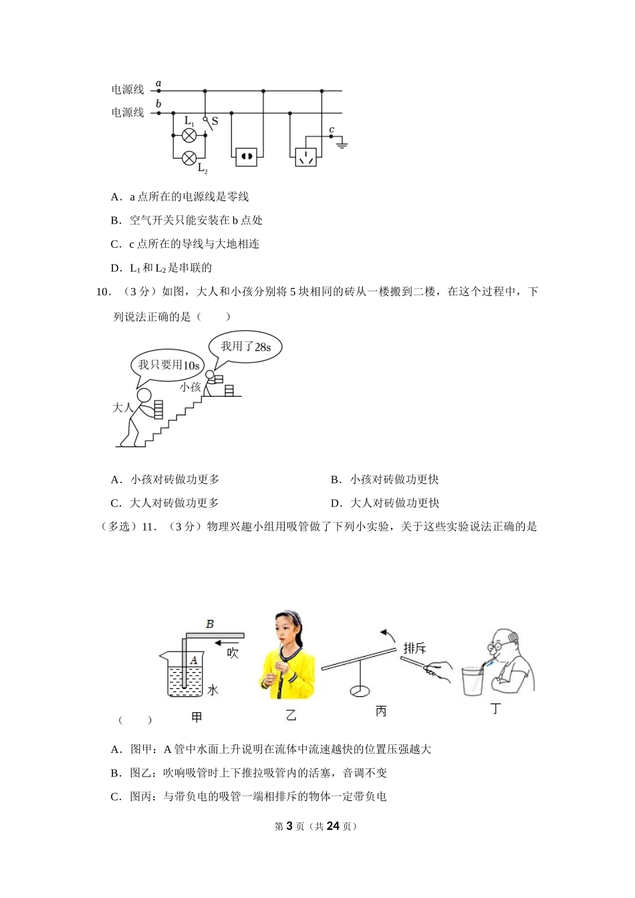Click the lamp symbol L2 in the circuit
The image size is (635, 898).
click(x=189, y=158)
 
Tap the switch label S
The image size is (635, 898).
click(x=215, y=122)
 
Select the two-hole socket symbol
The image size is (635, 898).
click(x=246, y=157)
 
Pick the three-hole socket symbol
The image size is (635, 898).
click(x=306, y=157)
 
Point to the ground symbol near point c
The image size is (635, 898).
click(x=342, y=143)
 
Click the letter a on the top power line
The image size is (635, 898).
click(x=158, y=84)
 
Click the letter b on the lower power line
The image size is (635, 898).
click(x=158, y=104)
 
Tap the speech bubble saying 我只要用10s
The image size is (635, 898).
click(x=168, y=365)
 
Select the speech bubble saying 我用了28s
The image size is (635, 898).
click(x=246, y=347)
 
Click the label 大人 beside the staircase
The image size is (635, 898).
click(x=123, y=407)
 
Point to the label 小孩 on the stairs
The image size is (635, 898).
click(x=190, y=387)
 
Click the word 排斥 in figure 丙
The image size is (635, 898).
click(x=414, y=648)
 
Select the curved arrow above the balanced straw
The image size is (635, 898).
click(x=387, y=633)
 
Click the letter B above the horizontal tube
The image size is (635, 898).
click(x=210, y=624)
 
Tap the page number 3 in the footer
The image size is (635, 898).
click(x=289, y=826)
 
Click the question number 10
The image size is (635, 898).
click(x=102, y=291)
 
